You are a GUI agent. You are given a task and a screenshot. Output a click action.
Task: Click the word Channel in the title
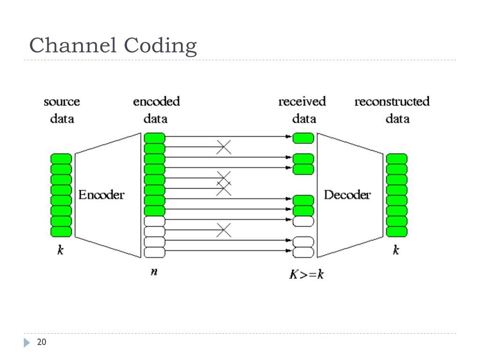coord(73,45)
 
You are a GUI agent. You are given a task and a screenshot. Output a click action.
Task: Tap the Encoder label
coord(101,195)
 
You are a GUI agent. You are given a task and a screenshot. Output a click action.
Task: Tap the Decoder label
coord(347,195)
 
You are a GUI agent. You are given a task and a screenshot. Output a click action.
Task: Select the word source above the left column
coord(62,102)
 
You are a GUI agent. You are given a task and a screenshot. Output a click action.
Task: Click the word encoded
coord(157,101)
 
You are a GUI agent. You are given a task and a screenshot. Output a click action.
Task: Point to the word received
coord(302,101)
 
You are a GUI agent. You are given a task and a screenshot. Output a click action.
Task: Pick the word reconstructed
coord(392,101)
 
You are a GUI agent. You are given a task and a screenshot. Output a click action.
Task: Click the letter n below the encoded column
coord(154,271)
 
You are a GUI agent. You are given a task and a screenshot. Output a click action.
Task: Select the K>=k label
coord(307,274)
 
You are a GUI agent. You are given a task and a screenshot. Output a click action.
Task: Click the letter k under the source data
coord(60,250)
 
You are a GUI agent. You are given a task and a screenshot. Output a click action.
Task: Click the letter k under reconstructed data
coord(396,250)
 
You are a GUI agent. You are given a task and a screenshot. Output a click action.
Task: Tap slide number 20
coord(42,342)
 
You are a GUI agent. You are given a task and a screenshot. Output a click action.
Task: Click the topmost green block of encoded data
coord(155,138)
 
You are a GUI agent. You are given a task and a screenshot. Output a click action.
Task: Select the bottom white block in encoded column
coord(155,252)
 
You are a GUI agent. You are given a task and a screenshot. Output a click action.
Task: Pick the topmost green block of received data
coord(303,138)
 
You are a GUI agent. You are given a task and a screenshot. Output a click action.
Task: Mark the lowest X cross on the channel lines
coord(224,230)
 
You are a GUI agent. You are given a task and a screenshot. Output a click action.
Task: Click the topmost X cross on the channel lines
coord(224,147)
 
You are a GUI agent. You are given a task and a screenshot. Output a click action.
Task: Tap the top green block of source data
coord(61,159)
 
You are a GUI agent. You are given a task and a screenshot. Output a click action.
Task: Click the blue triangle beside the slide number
coord(27,343)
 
